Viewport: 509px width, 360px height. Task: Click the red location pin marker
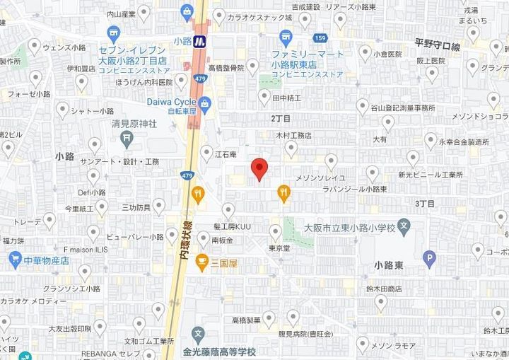259,169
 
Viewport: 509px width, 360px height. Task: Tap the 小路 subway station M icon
200,41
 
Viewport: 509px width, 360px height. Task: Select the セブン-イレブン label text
133,51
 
